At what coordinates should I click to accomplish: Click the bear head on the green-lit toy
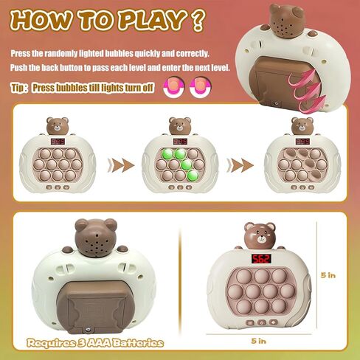[179, 125]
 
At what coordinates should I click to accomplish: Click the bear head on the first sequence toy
[57, 125]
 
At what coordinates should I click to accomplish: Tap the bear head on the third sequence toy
[302, 125]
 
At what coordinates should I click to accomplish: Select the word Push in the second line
[19, 67]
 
